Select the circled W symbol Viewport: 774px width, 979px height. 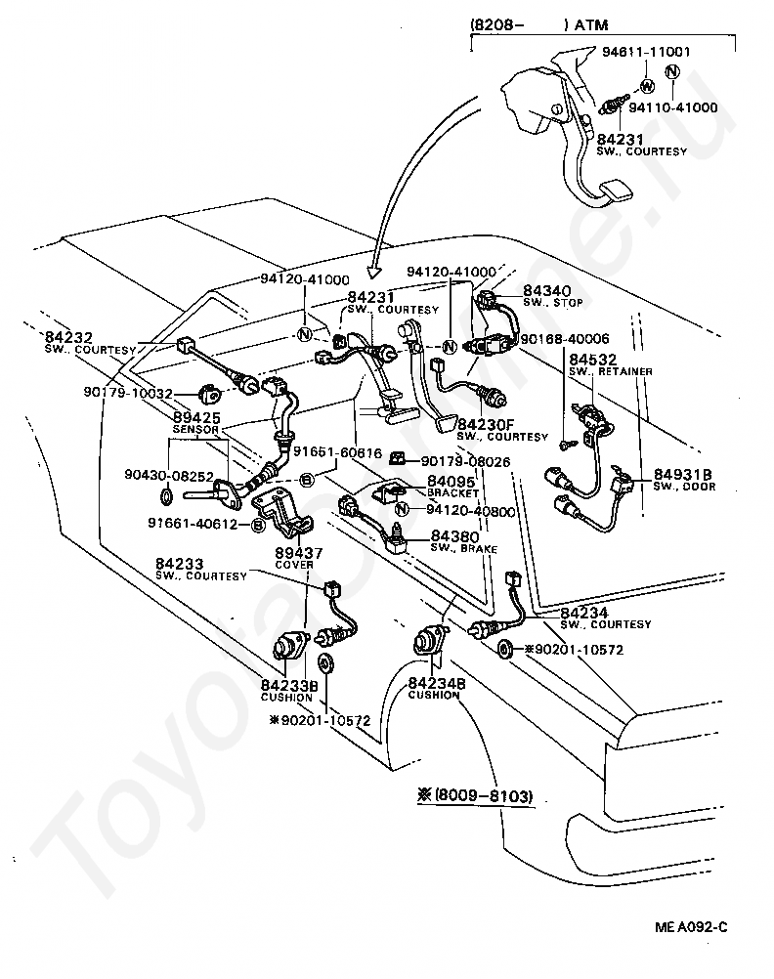click(646, 86)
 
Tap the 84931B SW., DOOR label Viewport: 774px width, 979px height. click(683, 479)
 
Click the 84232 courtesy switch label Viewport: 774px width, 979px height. click(79, 341)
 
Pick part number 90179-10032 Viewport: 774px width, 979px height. click(129, 394)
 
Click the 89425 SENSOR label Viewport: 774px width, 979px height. click(196, 421)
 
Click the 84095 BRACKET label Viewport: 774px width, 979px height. click(453, 486)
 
